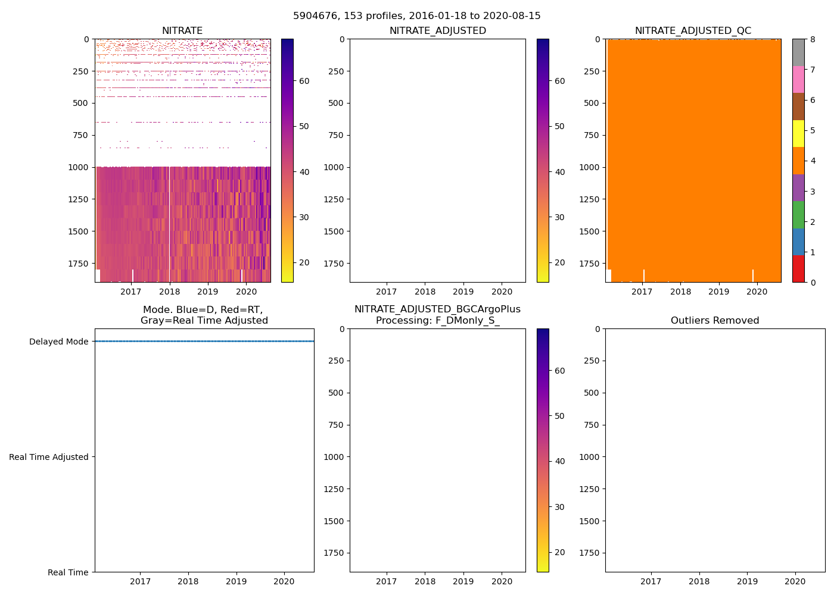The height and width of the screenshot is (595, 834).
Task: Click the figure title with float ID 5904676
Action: tap(416, 16)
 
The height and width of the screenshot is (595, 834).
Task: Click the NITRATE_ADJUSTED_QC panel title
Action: tap(693, 31)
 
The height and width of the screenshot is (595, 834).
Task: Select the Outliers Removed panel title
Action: tap(715, 321)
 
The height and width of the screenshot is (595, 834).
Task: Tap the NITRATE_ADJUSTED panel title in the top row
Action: tap(437, 31)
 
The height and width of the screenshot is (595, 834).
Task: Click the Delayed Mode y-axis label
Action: tap(58, 342)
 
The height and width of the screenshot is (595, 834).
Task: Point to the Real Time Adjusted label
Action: tap(49, 457)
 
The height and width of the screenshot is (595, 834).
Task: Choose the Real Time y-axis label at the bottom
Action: tap(68, 572)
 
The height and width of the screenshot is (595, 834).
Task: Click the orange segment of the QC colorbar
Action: tap(798, 161)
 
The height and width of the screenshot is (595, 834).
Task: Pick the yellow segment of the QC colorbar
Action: tap(798, 133)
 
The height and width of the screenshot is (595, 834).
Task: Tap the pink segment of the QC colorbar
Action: tap(798, 79)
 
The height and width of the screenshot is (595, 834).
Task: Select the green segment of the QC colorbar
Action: tap(798, 215)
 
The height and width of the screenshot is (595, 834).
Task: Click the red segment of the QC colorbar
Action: tap(798, 269)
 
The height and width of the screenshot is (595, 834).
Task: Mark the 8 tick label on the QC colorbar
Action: tap(812, 39)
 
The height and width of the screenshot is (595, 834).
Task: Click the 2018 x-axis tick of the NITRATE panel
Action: tap(170, 292)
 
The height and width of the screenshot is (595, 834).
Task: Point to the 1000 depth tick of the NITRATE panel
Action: tap(79, 167)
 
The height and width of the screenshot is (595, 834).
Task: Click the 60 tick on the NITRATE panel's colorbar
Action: tap(304, 81)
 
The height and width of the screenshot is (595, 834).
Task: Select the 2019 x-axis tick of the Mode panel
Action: tap(236, 581)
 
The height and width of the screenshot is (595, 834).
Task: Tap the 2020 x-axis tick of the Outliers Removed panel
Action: tap(795, 581)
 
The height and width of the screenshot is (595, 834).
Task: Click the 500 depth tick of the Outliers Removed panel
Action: tap(590, 393)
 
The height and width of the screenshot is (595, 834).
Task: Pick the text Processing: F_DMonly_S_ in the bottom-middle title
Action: tap(437, 321)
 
